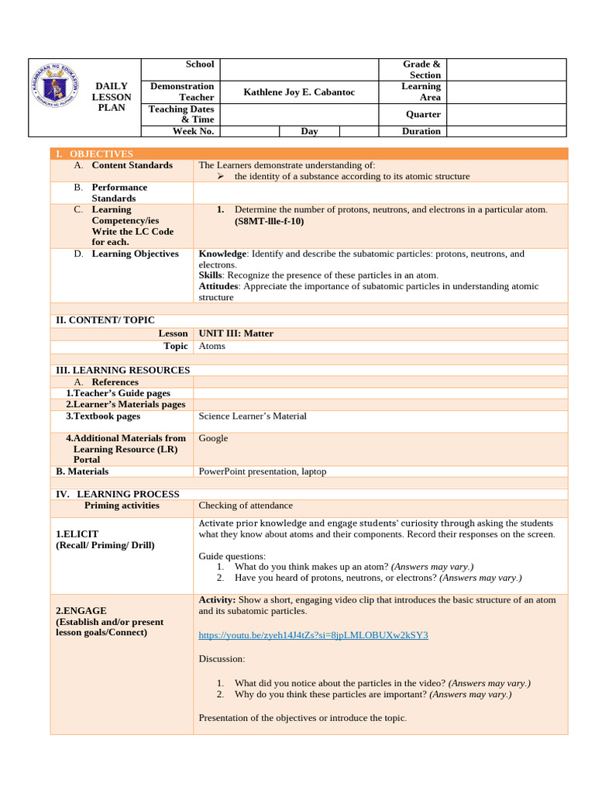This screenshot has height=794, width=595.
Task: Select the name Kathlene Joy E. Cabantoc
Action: [299, 92]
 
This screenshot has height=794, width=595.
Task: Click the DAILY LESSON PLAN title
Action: [112, 97]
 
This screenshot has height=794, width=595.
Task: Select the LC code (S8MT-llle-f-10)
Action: [270, 221]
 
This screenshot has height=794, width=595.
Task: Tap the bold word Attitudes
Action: [220, 286]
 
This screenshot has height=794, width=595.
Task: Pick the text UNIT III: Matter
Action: [236, 333]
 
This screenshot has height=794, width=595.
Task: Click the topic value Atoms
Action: [212, 346]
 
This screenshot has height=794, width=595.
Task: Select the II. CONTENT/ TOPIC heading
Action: [104, 320]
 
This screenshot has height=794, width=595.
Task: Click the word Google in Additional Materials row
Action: [213, 438]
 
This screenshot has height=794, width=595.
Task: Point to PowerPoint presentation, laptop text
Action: [262, 471]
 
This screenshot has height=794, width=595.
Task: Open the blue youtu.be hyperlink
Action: [313, 635]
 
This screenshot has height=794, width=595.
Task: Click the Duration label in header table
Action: [421, 131]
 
